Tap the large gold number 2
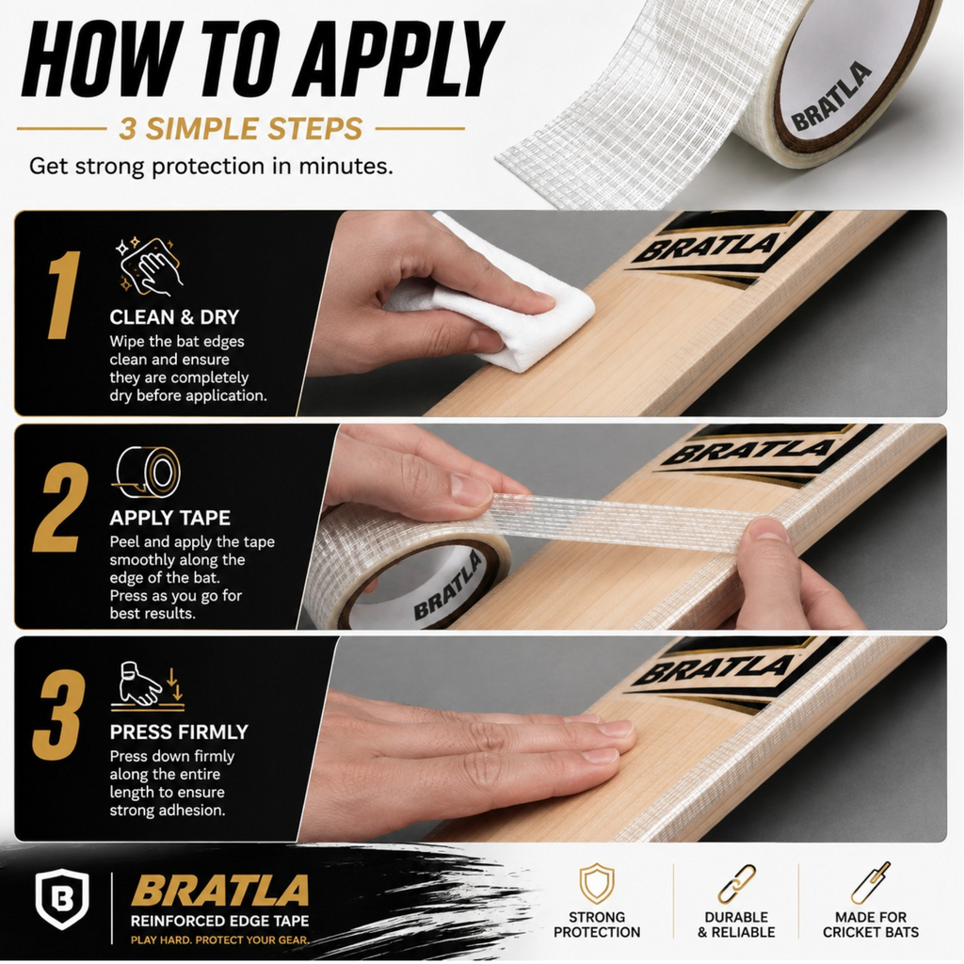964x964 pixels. point(60,508)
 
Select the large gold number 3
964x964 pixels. point(59,715)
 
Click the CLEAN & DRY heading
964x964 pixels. point(174,317)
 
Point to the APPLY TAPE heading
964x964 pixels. point(169,518)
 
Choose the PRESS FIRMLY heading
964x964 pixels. point(179,731)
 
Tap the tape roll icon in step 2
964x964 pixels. point(148,473)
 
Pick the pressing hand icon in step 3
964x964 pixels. point(148,685)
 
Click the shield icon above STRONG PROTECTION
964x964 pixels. point(597,883)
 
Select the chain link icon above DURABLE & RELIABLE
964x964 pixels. point(736,885)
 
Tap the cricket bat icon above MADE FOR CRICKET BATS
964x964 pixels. point(871,883)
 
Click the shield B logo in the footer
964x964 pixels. point(61,899)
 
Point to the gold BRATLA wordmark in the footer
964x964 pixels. point(219,891)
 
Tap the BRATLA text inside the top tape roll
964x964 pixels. point(831,97)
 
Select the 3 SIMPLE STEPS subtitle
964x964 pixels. point(240,128)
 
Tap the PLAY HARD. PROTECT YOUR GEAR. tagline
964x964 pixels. point(219,940)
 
